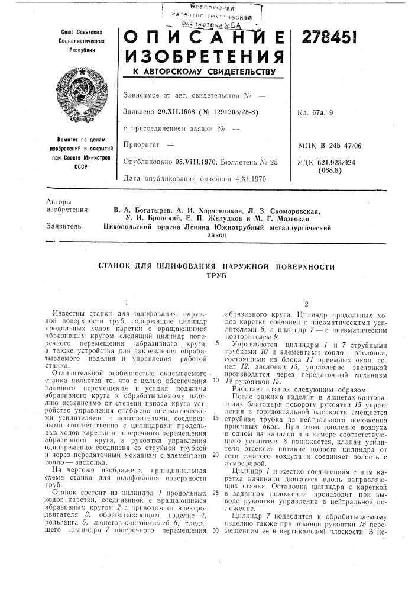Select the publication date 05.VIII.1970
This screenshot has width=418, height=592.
tap(200, 161)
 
